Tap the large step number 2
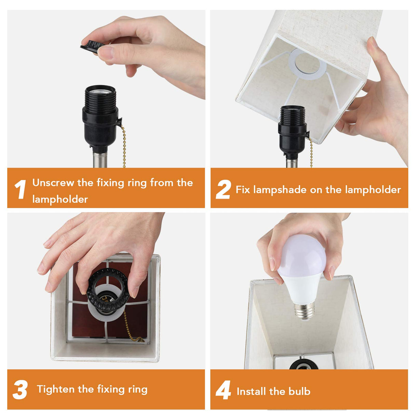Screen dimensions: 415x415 point(223,189)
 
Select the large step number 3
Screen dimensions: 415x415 point(20,390)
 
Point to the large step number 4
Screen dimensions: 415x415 point(223,390)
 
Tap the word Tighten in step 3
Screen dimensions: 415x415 point(56,389)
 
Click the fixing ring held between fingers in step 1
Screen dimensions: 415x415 point(92,45)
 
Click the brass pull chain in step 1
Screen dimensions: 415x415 point(123,147)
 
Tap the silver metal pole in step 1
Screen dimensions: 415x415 point(100,159)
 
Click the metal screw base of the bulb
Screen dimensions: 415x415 point(304,311)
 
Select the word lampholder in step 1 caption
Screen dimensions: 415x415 point(60,199)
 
